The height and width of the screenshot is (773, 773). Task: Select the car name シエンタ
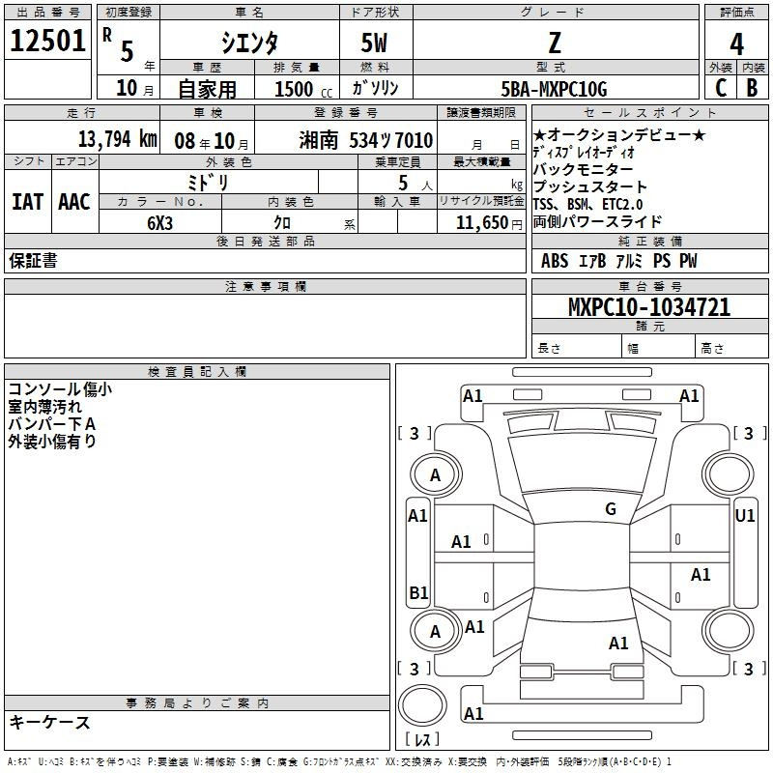(249, 43)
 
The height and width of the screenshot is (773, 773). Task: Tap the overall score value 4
(736, 44)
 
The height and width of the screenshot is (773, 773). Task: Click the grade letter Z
(554, 43)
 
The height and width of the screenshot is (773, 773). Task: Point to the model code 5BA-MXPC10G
(555, 89)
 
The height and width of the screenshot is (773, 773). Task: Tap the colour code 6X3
(161, 222)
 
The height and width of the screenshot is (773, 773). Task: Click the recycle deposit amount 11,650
(479, 222)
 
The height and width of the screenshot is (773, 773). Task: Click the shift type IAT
(27, 202)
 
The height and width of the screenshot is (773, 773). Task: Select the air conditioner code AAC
(74, 202)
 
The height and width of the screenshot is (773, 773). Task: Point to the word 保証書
(33, 261)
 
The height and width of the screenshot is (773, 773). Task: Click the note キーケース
(49, 723)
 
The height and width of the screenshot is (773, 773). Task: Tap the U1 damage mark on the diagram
(745, 516)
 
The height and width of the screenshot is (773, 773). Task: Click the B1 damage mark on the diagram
(418, 592)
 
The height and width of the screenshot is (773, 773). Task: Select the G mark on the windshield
(611, 509)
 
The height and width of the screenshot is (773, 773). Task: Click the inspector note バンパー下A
(52, 424)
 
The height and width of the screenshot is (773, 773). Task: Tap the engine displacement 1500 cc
(296, 89)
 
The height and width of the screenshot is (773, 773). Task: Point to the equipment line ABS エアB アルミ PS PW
(618, 261)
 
